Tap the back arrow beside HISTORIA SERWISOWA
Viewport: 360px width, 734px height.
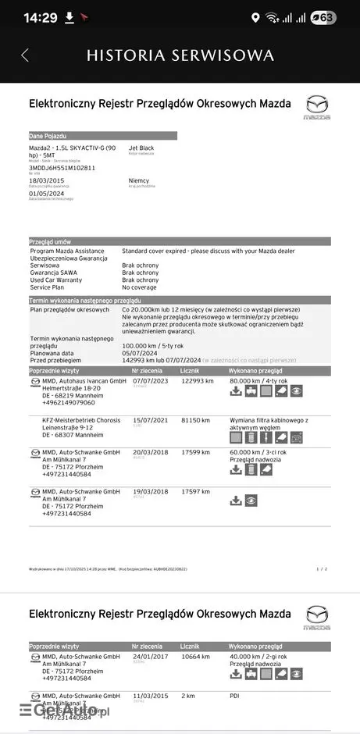pos(24,55)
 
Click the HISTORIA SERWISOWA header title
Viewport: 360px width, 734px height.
pos(180,55)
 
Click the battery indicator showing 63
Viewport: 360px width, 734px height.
pos(323,17)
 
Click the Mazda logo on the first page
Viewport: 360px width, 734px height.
pos(317,107)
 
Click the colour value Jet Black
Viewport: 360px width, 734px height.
pos(141,148)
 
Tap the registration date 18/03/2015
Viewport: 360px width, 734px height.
pos(47,180)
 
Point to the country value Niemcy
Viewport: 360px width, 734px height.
pos(139,180)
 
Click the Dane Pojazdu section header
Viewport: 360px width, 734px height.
pos(48,136)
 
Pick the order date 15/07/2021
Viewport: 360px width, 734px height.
pos(151,420)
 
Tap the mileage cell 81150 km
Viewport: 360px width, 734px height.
pos(195,420)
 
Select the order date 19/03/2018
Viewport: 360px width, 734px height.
pos(151,491)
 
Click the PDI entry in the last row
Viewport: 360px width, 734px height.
pos(235,695)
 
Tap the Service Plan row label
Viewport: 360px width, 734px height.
pos(52,287)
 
